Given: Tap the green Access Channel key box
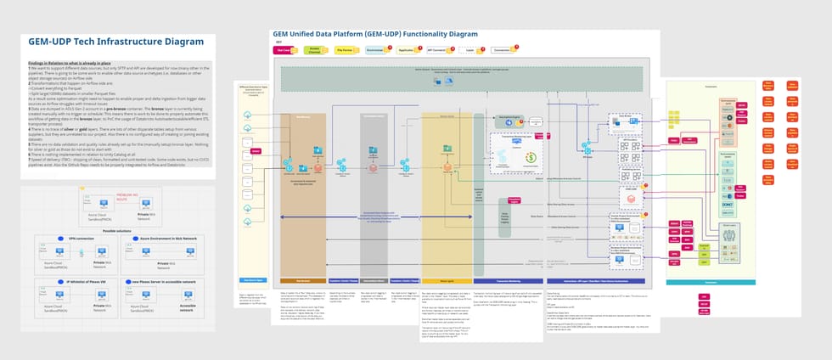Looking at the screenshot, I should pos(314,50).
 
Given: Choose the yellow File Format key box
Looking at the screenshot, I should pos(346,50).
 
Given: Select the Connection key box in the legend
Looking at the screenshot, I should pos(502,50).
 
